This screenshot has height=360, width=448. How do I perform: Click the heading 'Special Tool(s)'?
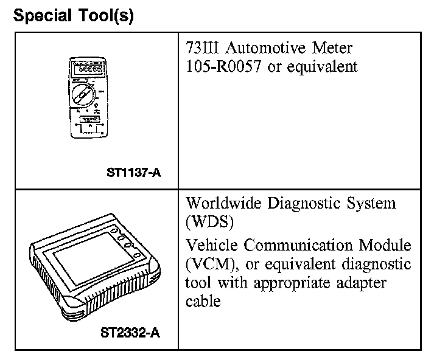73,16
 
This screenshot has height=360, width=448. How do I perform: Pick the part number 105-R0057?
224,66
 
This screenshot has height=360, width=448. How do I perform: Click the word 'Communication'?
299,246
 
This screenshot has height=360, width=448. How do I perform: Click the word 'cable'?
203,302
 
